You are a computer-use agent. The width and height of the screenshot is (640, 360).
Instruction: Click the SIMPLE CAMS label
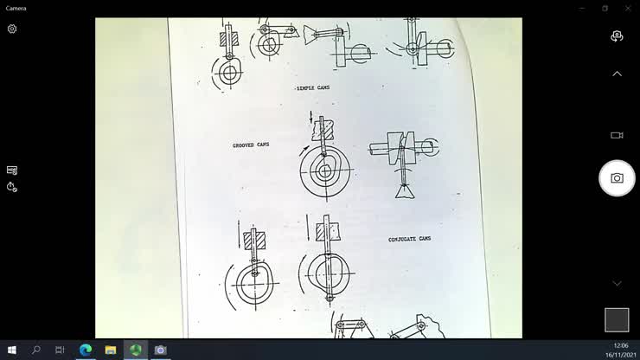tap(313, 88)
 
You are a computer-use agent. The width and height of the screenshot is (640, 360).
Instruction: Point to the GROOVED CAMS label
tap(251, 145)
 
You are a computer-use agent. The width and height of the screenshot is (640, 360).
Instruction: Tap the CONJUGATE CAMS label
tap(409, 239)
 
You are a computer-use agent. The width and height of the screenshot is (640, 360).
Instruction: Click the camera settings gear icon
tap(12, 29)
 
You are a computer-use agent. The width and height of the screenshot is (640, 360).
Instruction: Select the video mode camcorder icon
tap(617, 135)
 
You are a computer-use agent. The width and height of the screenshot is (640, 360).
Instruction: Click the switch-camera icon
tap(617, 36)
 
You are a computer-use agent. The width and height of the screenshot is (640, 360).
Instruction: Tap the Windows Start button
tap(12, 350)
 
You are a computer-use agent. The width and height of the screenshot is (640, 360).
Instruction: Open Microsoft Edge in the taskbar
tap(86, 350)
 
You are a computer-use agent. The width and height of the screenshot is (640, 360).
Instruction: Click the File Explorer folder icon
tap(111, 350)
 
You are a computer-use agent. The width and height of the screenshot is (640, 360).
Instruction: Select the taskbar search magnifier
tap(36, 350)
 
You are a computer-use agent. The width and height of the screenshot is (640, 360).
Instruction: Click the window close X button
tap(628, 8)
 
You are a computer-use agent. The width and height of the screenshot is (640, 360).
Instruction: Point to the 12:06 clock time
tap(621, 345)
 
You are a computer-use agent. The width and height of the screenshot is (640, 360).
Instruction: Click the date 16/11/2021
tap(621, 355)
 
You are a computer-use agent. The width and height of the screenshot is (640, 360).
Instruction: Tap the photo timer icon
tap(12, 187)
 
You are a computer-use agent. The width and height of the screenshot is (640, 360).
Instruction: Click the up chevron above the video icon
tap(617, 74)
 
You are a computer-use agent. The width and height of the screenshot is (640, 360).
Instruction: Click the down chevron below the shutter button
tap(617, 283)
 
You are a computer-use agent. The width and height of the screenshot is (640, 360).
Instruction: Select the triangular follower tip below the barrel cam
tap(405, 192)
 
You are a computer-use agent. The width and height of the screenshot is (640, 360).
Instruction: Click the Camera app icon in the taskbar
tap(160, 350)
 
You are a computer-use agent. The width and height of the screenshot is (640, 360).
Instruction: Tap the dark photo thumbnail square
tap(617, 320)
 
